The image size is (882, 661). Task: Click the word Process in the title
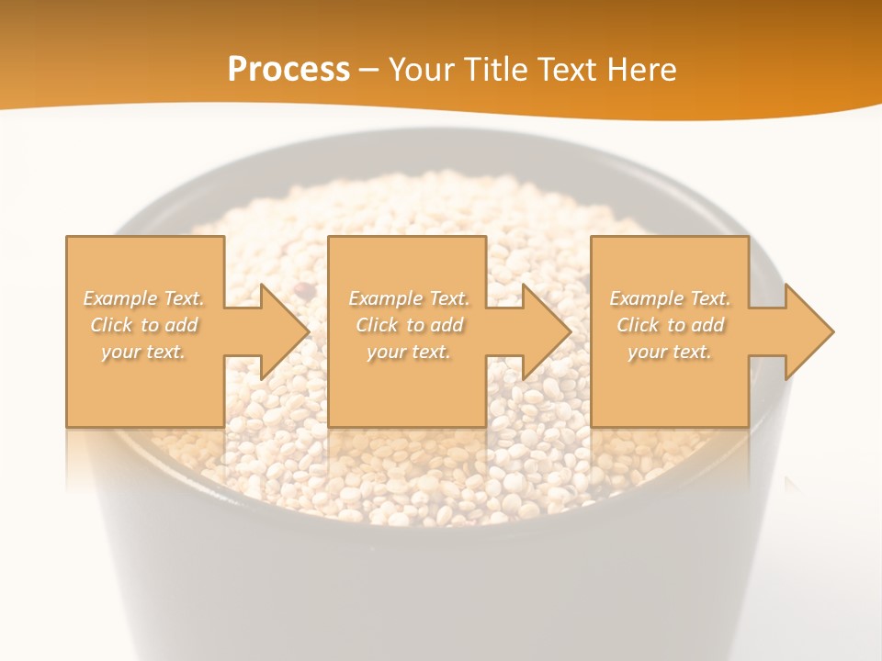click(x=288, y=70)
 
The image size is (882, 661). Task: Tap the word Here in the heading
click(x=642, y=70)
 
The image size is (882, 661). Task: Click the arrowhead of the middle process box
click(x=545, y=331)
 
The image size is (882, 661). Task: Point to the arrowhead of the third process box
click(x=808, y=331)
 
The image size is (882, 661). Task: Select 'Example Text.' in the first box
click(x=143, y=298)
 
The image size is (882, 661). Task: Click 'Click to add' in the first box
click(x=143, y=325)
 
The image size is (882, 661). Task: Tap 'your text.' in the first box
click(x=143, y=352)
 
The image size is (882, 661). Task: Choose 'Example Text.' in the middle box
click(x=408, y=298)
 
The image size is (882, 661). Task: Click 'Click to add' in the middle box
click(x=408, y=325)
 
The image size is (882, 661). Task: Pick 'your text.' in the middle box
click(x=408, y=352)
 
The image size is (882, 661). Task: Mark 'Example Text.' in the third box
click(x=670, y=298)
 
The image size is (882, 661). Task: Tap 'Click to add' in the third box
click(x=670, y=325)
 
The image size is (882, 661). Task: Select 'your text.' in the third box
click(x=670, y=352)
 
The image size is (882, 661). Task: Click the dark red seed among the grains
click(x=305, y=290)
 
